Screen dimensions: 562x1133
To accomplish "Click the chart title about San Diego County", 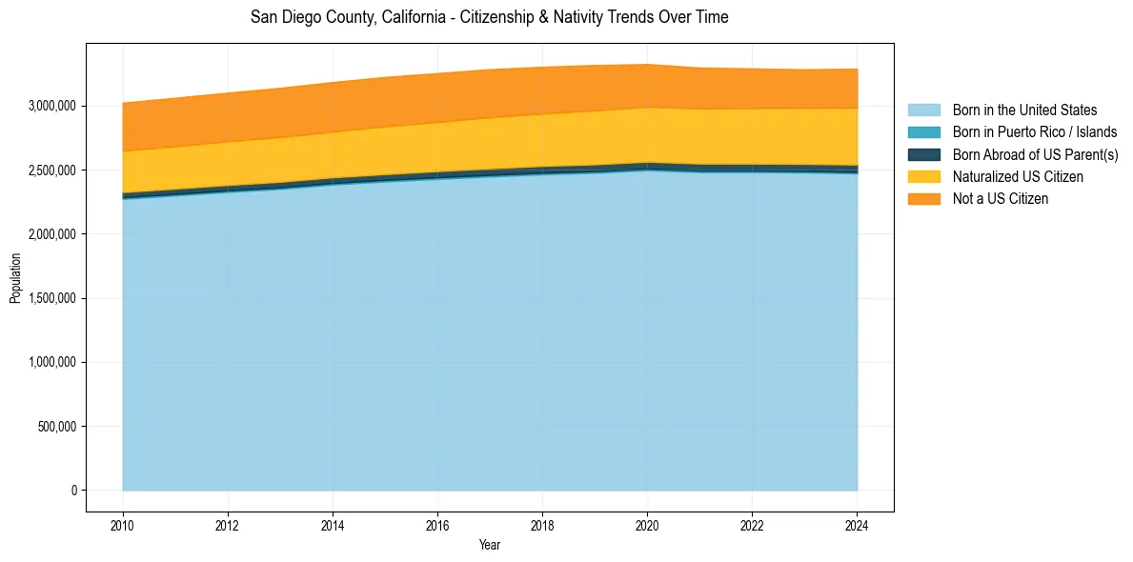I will coord(489,17).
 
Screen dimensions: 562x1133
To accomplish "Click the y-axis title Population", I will coord(15,278).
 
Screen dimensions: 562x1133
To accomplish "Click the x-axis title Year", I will coord(489,545).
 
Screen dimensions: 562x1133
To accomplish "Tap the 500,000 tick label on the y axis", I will coord(56,427).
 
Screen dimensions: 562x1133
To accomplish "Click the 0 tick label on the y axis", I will coord(72,491).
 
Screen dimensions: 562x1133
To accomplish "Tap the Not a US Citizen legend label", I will coord(1001,198).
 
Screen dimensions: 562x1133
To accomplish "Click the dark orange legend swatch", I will coord(923,198).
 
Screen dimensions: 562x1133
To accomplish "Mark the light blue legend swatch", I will coord(923,110).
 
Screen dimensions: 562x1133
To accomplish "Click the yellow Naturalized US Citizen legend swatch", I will coord(923,176).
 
